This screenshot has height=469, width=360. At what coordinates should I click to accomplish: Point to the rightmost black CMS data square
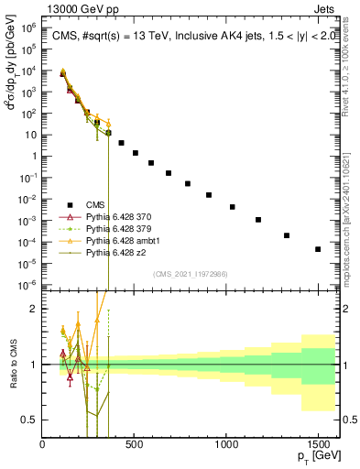click(x=318, y=249)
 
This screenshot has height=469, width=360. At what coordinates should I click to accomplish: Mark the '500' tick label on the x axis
click(x=135, y=444)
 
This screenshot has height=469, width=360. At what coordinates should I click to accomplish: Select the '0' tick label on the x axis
click(x=43, y=444)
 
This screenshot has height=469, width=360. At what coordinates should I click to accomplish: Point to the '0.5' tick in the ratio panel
click(x=29, y=420)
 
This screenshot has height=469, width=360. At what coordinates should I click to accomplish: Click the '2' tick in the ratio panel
click(x=34, y=309)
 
